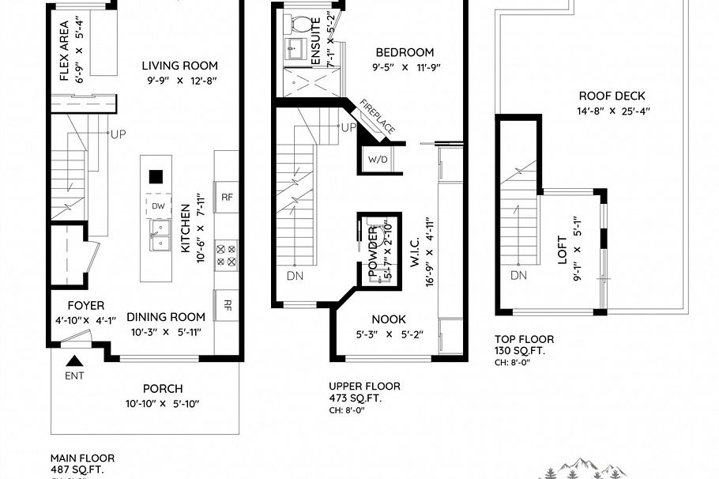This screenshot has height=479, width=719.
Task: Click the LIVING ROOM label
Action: [179, 66]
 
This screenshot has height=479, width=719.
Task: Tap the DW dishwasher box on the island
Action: [158, 206]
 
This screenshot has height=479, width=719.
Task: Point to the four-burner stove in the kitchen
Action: [227, 255]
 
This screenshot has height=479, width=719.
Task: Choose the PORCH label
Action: [163, 388]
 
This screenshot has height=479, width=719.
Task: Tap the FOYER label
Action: [85, 305]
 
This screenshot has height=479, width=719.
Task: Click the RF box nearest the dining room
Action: [227, 304]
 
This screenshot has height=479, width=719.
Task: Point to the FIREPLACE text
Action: [377, 116]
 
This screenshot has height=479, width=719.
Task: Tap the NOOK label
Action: [388, 319]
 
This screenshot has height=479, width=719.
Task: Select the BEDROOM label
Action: [405, 53]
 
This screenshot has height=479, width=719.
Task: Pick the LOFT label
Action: [562, 249]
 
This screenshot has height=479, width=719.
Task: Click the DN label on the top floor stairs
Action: [518, 275]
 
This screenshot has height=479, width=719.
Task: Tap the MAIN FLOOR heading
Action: [82, 458]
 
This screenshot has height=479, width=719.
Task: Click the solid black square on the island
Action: [156, 176]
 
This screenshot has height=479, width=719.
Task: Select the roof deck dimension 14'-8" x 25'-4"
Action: [612, 111]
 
